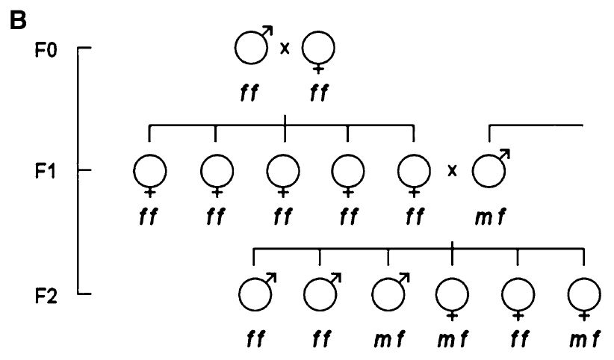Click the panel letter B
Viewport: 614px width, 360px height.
click(x=17, y=20)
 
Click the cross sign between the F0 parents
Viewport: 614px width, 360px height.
click(x=285, y=49)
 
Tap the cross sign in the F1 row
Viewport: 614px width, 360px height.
click(x=452, y=171)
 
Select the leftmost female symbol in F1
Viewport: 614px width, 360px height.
click(x=150, y=173)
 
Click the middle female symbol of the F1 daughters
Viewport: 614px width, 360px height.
click(x=282, y=173)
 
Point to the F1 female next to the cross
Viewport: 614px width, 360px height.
click(x=414, y=173)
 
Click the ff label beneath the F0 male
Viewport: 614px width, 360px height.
click(x=249, y=93)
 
